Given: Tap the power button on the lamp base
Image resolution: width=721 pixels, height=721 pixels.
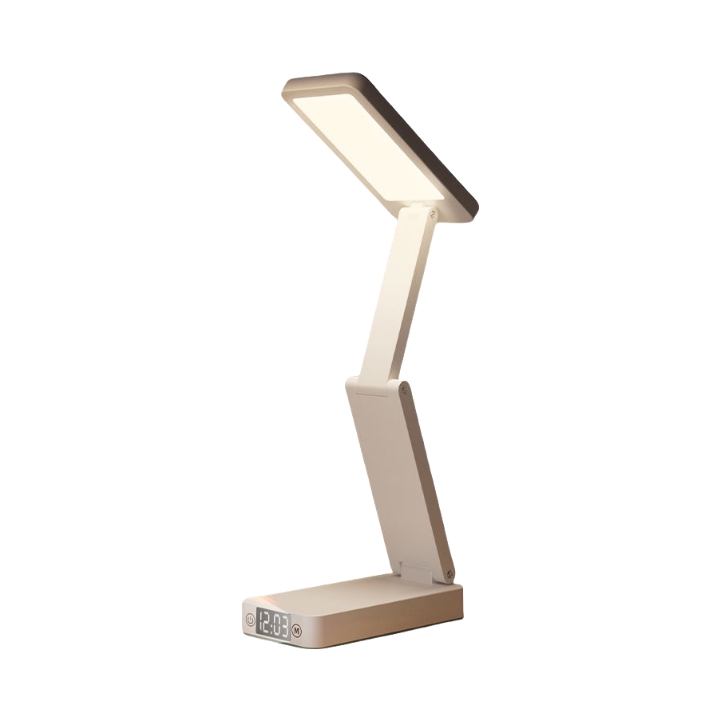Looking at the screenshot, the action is (x=250, y=620).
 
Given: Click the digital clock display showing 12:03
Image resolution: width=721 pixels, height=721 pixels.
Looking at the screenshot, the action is (x=274, y=624).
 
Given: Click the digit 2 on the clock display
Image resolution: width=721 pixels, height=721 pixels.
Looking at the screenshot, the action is (x=267, y=623).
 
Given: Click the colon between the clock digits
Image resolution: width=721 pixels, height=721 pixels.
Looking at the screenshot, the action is (x=273, y=624).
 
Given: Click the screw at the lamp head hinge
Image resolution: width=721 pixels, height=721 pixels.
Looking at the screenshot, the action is (x=432, y=213).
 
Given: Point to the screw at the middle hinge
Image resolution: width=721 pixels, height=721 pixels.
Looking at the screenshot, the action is (x=404, y=390).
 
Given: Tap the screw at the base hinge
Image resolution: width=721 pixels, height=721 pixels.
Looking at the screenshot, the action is (x=450, y=574).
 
